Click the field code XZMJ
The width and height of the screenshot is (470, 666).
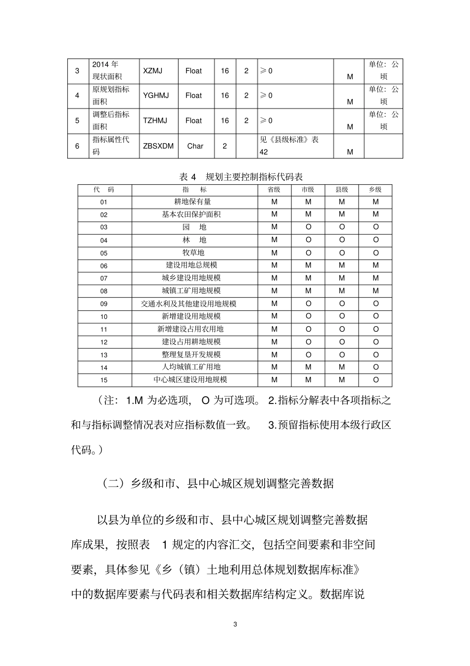(x=152, y=71)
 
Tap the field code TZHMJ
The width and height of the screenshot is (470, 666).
(x=155, y=120)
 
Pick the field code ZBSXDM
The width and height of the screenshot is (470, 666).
(x=158, y=146)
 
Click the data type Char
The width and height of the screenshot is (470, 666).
(x=195, y=146)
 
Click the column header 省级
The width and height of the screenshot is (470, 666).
(x=274, y=190)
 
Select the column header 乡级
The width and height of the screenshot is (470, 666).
(x=376, y=190)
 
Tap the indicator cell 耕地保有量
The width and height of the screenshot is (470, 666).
(x=192, y=202)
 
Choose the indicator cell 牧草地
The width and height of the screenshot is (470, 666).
(x=193, y=253)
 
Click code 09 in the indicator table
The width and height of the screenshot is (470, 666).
(x=104, y=304)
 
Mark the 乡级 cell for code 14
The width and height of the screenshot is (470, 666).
(x=376, y=367)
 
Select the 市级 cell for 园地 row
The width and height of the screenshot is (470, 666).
(x=308, y=227)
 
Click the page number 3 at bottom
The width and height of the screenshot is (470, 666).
(x=235, y=624)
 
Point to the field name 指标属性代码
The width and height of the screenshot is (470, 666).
(x=111, y=146)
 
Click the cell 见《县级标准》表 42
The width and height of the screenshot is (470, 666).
(x=289, y=146)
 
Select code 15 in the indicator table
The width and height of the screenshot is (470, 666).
(x=104, y=380)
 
